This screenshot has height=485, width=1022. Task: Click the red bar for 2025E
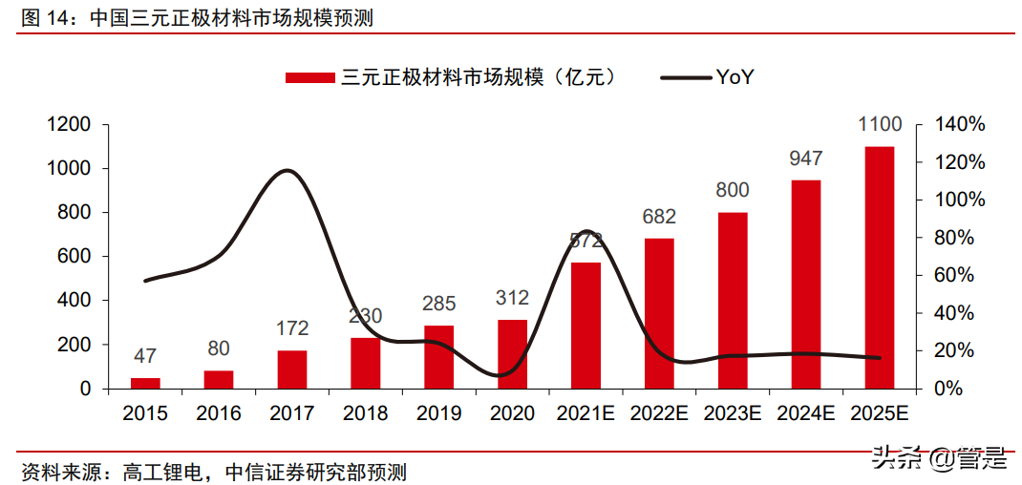click(879, 267)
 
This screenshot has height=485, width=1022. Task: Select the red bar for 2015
click(145, 383)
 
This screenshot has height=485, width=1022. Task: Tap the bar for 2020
click(512, 354)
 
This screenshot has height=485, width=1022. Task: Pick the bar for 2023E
click(733, 300)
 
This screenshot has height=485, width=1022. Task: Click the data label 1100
click(880, 125)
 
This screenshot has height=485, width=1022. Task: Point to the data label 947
click(806, 158)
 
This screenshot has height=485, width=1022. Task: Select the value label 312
click(512, 299)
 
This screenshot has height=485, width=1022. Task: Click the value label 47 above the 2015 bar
click(145, 356)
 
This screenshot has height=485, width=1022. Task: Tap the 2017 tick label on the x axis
click(291, 414)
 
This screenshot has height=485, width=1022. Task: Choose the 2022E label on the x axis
click(659, 414)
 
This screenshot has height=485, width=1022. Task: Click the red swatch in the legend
click(310, 77)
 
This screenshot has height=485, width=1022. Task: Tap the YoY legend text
click(735, 77)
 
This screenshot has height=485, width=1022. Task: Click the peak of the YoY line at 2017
click(287, 171)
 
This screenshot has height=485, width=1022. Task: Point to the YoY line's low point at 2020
click(502, 375)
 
